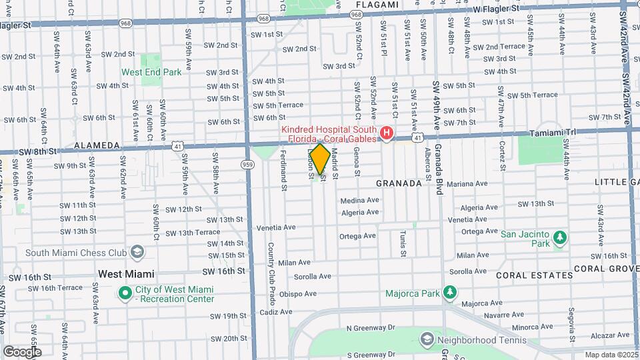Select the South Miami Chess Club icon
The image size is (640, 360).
pyautogui.click(x=137, y=253)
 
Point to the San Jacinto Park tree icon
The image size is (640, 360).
pyautogui.click(x=561, y=237)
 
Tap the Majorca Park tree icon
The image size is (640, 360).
pyautogui.click(x=450, y=293)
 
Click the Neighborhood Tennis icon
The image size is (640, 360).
pyautogui.click(x=426, y=340)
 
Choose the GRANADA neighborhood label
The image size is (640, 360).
pyautogui.click(x=399, y=183)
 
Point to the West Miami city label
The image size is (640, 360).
pyautogui.click(x=126, y=274)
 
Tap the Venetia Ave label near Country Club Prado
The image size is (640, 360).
pyautogui.click(x=275, y=227)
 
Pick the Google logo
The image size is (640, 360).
pyautogui.click(x=22, y=352)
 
